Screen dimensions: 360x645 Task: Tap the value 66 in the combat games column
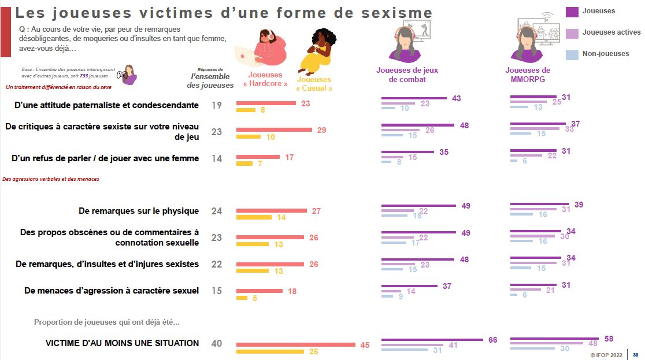tap(492, 340)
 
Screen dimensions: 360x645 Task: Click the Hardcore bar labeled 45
tap(296, 345)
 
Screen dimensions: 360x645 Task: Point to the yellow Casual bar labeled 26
tap(270, 351)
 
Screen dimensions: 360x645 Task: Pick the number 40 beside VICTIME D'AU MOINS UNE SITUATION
tap(217, 343)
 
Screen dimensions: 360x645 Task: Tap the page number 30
tap(636, 355)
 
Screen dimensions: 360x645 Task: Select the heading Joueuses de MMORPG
tap(528, 75)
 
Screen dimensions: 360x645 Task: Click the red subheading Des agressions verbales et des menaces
tap(51, 179)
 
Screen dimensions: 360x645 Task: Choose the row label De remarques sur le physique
tap(139, 211)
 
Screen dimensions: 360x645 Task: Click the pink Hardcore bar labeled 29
tap(274, 130)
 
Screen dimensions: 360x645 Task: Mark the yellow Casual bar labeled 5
tap(242, 298)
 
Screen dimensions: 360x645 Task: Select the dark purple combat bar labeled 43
tap(414, 99)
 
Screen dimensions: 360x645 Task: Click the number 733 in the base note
tap(84, 76)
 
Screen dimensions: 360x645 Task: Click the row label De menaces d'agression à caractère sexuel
tap(112, 291)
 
